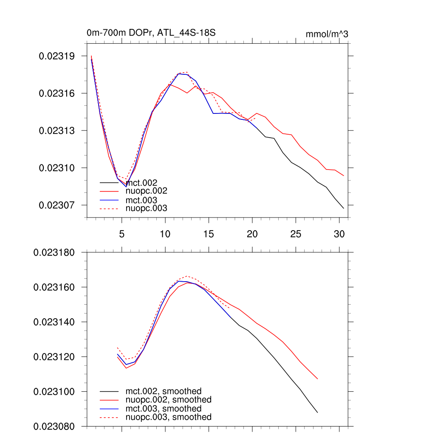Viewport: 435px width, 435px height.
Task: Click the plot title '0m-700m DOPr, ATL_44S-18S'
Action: [x=153, y=33]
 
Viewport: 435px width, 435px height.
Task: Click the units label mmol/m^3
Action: [x=327, y=34]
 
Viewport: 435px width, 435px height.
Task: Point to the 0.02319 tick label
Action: [x=57, y=56]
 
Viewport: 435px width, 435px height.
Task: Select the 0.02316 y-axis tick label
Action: [x=57, y=93]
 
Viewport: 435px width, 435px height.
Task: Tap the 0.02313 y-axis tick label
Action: [x=57, y=130]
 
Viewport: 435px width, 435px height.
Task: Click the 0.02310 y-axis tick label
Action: [x=57, y=168]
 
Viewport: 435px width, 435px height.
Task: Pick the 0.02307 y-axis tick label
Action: [x=57, y=205]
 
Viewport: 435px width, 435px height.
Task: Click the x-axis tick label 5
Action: [x=121, y=234]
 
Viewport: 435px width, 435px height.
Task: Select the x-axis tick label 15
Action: [x=209, y=234]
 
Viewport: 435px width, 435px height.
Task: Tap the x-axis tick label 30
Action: [x=339, y=234]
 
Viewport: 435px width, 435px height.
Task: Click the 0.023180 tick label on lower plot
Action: [x=54, y=253]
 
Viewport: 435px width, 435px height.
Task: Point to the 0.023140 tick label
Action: [x=54, y=322]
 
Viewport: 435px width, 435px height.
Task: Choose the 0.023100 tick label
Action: [x=54, y=392]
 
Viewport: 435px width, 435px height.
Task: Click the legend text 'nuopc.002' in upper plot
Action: [x=147, y=192]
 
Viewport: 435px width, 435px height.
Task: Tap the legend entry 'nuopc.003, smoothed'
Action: [x=168, y=417]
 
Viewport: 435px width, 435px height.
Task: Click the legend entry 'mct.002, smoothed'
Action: [x=163, y=391]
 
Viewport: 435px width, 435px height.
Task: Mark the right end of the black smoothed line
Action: [x=317, y=412]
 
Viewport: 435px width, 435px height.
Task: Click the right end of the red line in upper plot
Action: [x=344, y=176]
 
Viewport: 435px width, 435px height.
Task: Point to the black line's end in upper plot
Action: [x=344, y=208]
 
